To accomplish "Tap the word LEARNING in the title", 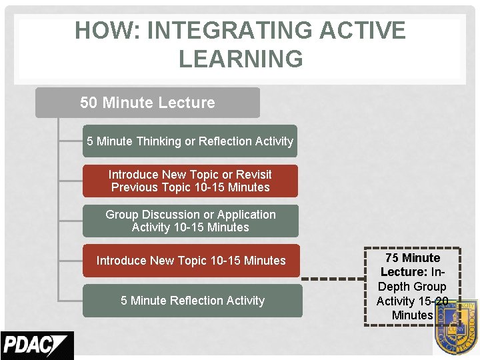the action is click(x=241, y=59).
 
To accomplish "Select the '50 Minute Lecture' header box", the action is click(x=147, y=103).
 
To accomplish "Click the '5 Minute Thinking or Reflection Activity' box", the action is click(x=190, y=141).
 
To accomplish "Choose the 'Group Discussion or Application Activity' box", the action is click(x=190, y=221).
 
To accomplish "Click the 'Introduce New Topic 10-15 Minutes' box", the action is click(x=191, y=261).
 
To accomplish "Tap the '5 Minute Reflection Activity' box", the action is click(x=192, y=301).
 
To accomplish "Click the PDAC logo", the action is click(x=37, y=345).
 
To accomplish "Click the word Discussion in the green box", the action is click(x=173, y=215).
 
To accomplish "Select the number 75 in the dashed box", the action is click(x=392, y=258).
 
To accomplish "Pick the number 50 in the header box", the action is click(x=89, y=103).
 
